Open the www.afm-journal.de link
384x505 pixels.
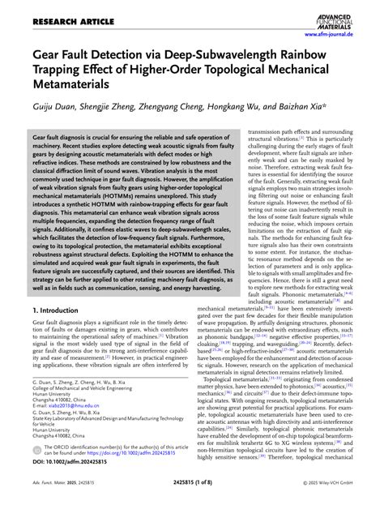click(x=344, y=35)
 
